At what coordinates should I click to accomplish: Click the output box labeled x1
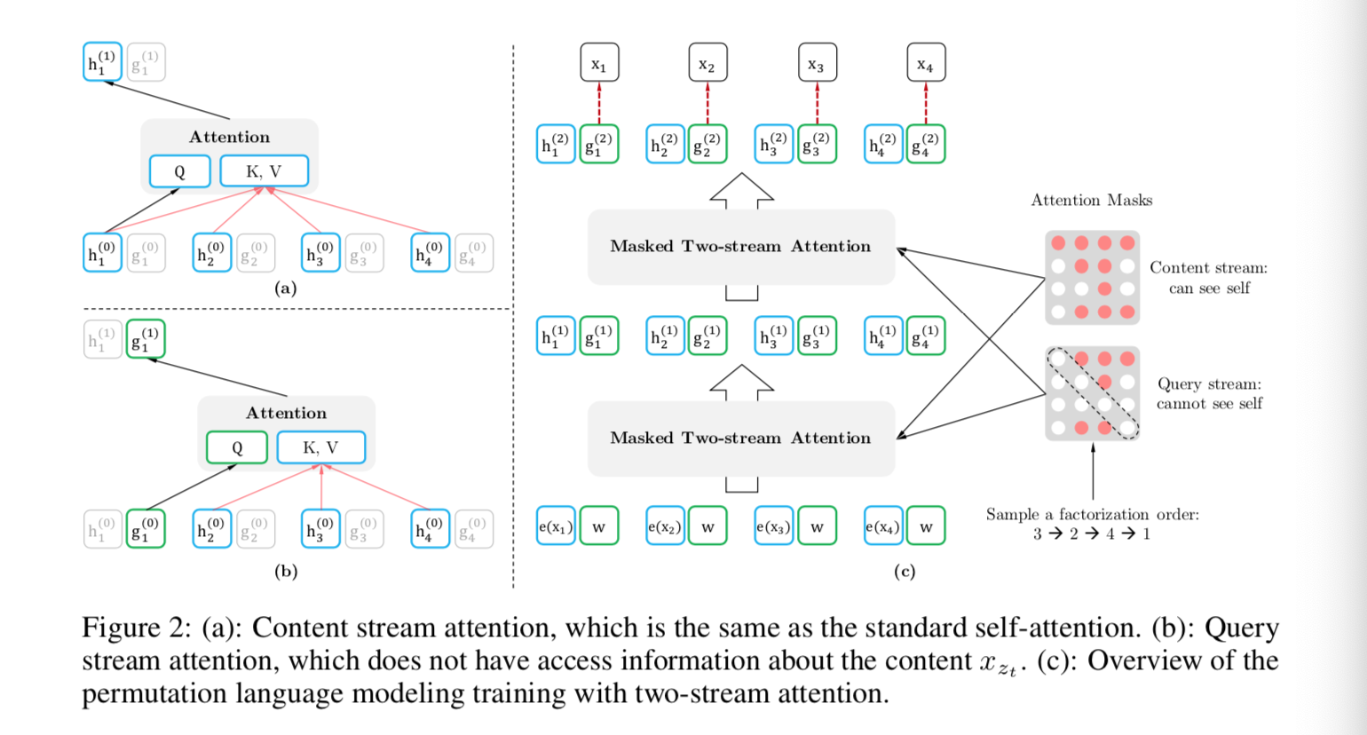point(599,63)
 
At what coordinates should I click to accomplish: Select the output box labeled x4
point(926,63)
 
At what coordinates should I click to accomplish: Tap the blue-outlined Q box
point(180,171)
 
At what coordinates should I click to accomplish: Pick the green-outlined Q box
point(237,447)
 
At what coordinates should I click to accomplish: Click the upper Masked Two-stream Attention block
point(741,247)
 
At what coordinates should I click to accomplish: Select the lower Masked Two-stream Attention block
point(741,439)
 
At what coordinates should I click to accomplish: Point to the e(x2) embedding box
point(665,526)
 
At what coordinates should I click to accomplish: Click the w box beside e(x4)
point(926,526)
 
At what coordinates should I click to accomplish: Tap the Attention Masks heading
point(1091,201)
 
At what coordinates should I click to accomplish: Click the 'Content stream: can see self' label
point(1208,278)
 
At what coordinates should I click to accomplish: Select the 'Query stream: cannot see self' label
point(1209,393)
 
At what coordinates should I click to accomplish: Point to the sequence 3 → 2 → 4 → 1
point(1091,534)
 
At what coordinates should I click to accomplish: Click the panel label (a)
point(285,288)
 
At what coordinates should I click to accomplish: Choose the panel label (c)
point(904,572)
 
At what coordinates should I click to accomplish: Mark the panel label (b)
point(285,572)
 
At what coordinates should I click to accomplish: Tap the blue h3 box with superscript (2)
point(774,145)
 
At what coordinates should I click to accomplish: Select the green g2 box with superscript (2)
point(707,145)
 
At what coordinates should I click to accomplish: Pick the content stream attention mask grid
point(1092,278)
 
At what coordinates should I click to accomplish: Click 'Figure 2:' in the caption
point(136,628)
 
